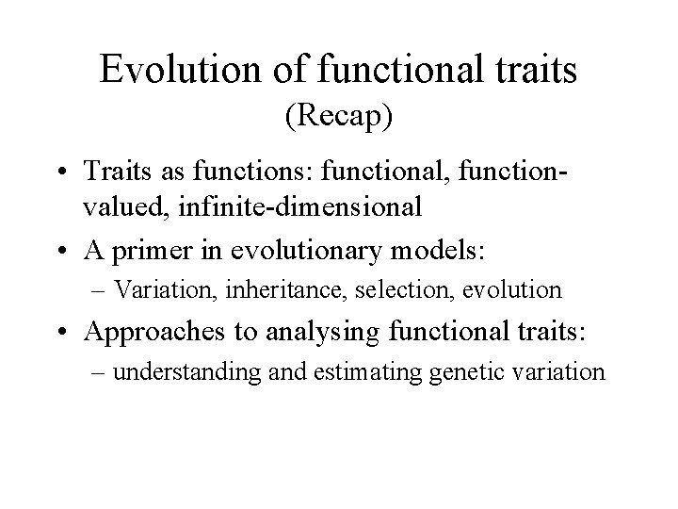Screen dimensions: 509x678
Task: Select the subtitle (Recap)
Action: coord(338,118)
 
